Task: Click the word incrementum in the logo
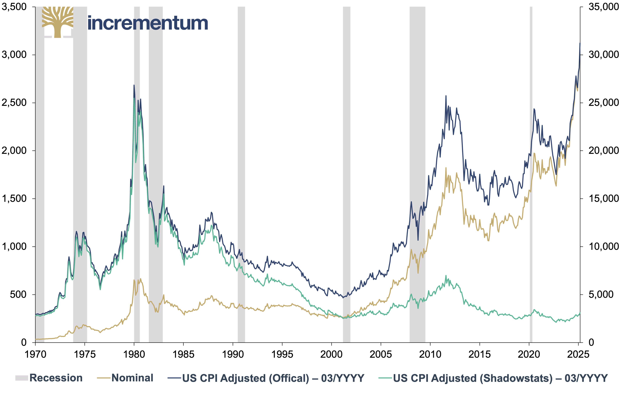148,23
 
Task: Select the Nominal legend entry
125,378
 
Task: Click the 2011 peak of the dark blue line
446,96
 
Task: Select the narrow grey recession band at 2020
531,174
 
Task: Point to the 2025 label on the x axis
578,354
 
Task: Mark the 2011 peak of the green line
446,275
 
